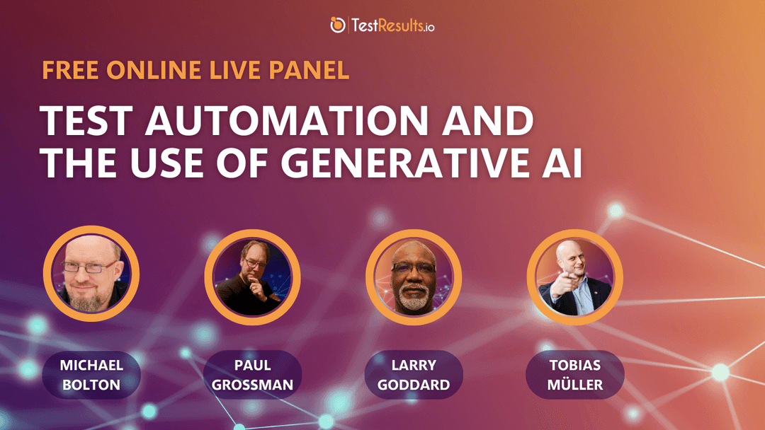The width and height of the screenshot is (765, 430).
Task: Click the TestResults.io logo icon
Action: click(x=338, y=25)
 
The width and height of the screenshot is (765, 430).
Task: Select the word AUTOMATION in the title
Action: click(x=287, y=121)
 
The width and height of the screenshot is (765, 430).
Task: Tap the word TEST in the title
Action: click(x=86, y=121)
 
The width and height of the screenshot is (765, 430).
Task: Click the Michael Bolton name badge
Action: click(x=91, y=375)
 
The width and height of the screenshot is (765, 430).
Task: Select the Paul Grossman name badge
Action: click(x=252, y=375)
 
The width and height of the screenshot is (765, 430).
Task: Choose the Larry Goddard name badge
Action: click(x=414, y=375)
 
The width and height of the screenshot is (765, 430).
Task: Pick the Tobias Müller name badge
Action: click(x=574, y=375)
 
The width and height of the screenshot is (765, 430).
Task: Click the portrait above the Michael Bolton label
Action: click(x=91, y=274)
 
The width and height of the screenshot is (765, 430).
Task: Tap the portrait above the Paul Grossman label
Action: click(x=252, y=277)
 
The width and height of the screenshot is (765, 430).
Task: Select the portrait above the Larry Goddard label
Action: click(x=414, y=277)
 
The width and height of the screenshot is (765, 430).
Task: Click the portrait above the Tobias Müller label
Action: click(x=574, y=277)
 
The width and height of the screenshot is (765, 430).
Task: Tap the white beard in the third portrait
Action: click(x=413, y=297)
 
